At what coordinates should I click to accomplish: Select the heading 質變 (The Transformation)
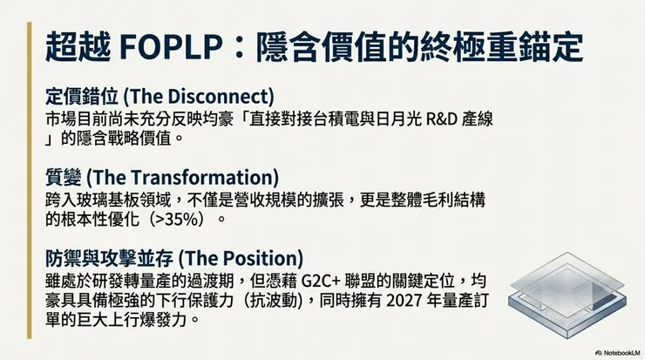click(x=160, y=177)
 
